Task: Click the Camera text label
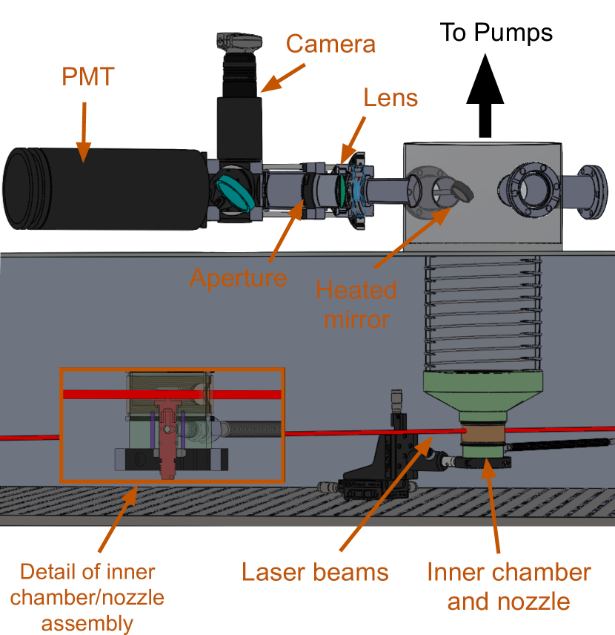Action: click(x=330, y=44)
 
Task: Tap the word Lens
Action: click(x=390, y=97)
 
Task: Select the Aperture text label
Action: click(x=238, y=277)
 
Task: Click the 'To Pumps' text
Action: click(x=496, y=32)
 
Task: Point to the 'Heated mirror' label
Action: click(x=356, y=304)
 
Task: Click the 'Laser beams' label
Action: click(x=316, y=572)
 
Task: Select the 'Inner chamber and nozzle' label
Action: click(x=508, y=586)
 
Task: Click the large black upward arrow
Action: click(x=485, y=93)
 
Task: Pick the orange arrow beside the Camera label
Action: click(x=282, y=78)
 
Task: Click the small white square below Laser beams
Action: click(x=275, y=592)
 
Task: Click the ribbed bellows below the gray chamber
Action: click(x=483, y=312)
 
